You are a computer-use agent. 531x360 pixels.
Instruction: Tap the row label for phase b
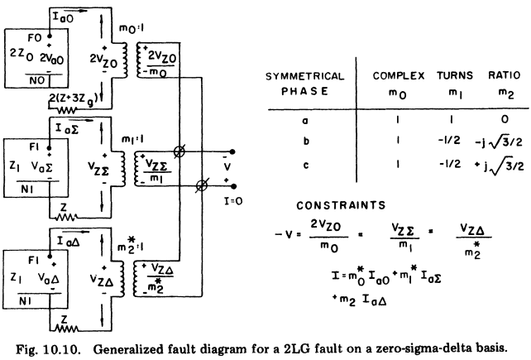point(300,141)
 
